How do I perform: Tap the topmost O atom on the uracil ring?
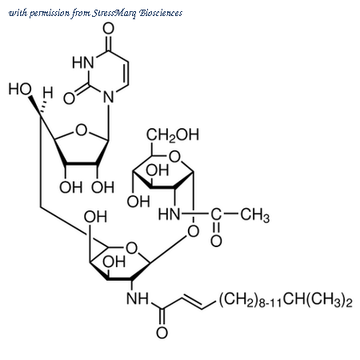click(x=109, y=28)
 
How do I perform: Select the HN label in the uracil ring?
click(x=83, y=62)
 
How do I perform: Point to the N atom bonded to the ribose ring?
click(x=109, y=97)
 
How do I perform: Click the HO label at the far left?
click(x=20, y=89)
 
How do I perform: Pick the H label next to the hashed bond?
click(x=48, y=93)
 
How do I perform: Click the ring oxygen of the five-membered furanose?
click(x=82, y=130)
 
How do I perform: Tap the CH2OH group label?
click(x=173, y=134)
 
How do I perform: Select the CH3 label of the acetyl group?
click(x=255, y=215)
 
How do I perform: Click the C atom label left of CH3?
click(x=216, y=214)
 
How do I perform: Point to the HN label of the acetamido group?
click(x=169, y=214)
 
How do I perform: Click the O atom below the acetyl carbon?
click(x=216, y=241)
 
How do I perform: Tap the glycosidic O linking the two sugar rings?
click(x=194, y=231)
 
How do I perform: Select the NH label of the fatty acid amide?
click(x=138, y=298)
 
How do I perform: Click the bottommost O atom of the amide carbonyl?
click(x=162, y=333)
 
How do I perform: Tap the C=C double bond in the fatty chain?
click(x=193, y=302)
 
